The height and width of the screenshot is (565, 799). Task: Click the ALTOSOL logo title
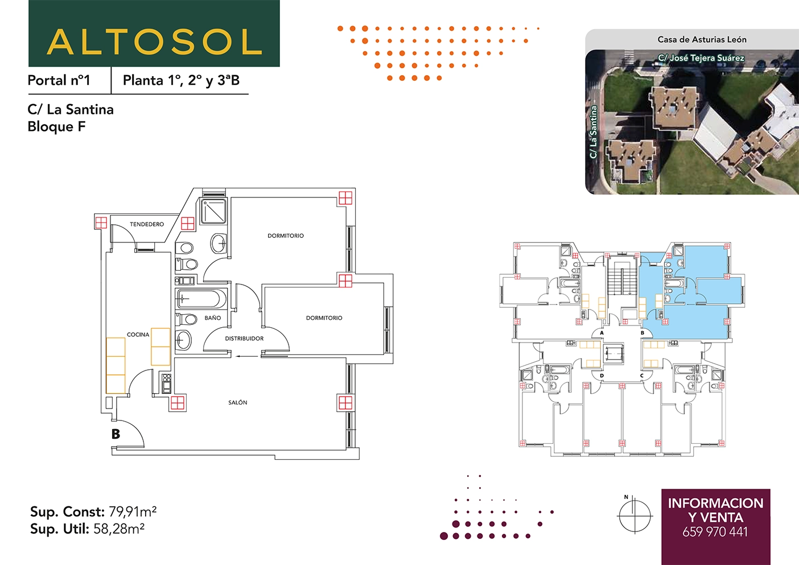pos(154,42)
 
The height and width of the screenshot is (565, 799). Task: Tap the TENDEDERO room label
pos(147,224)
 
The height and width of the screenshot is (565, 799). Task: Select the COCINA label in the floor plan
pos(138,335)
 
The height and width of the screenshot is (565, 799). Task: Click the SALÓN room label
pos(237,402)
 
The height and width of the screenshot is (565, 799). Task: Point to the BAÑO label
pos(213,318)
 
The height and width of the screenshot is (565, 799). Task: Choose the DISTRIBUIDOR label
pos(244,339)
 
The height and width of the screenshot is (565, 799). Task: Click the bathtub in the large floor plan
pos(201,299)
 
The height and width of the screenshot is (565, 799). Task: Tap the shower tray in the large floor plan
pos(213,211)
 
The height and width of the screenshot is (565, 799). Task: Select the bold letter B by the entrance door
pos(116,434)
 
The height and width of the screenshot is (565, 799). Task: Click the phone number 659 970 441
pos(715,532)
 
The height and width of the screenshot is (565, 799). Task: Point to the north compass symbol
pos(634,515)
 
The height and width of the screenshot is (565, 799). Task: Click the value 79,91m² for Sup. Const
pos(133,512)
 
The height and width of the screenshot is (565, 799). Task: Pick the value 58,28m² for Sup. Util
pos(119,529)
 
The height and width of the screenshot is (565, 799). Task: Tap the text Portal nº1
pos(59,80)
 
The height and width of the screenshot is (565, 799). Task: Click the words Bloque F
pos(56,127)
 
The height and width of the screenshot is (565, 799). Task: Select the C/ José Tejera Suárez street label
pos(701,58)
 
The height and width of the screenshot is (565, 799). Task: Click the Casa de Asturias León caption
pos(702,40)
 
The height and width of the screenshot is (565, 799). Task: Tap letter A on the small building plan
pos(602,333)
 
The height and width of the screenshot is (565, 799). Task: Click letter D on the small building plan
pos(602,376)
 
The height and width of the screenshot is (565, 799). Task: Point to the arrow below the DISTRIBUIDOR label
pos(245,356)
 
